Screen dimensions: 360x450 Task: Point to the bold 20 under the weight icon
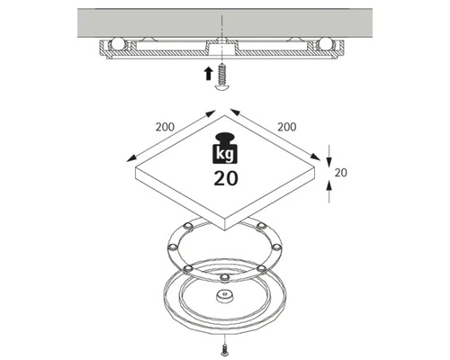point(225,176)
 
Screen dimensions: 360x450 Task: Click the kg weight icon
point(225,149)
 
